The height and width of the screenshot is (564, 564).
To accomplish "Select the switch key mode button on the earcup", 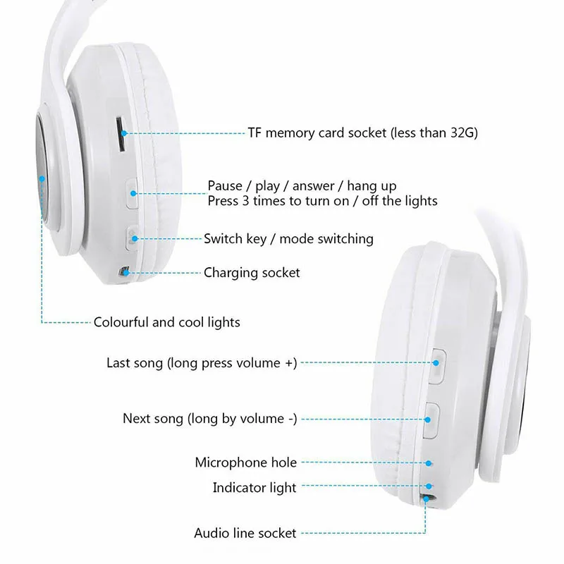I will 132,237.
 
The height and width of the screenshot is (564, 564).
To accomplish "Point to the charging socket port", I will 123,271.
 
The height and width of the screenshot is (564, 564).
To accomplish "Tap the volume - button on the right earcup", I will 430,417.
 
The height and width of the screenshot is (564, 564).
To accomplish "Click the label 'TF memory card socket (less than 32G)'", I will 362,133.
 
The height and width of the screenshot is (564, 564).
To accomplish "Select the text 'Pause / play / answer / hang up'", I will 302,186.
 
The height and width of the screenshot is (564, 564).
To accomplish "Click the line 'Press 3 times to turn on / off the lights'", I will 322,201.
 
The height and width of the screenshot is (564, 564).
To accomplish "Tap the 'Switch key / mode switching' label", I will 288,239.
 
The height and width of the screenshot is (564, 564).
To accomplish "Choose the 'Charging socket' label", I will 252,272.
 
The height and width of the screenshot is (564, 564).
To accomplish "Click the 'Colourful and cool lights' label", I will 167,322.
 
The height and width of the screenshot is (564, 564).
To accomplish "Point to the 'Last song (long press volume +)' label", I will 202,363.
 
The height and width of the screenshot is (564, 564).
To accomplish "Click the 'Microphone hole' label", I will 246,462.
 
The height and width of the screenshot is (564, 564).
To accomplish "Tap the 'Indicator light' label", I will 255,487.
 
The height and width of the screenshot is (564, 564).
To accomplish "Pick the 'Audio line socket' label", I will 245,533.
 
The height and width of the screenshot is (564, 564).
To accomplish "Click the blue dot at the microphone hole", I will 429,463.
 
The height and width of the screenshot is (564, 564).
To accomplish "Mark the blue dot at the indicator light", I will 429,486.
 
